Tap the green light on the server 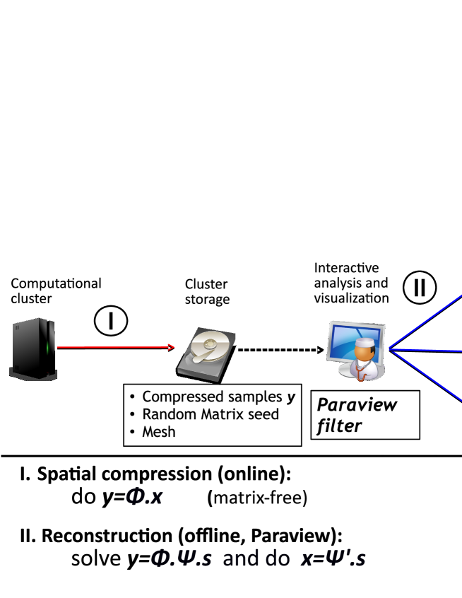click(x=48, y=347)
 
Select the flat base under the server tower click(x=32, y=374)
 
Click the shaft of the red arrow click(x=113, y=347)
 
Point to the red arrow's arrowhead click(x=171, y=346)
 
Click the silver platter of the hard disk click(x=210, y=348)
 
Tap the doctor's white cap click(x=364, y=344)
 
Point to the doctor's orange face click(x=363, y=353)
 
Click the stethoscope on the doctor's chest click(x=362, y=372)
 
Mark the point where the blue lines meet click(x=389, y=349)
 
